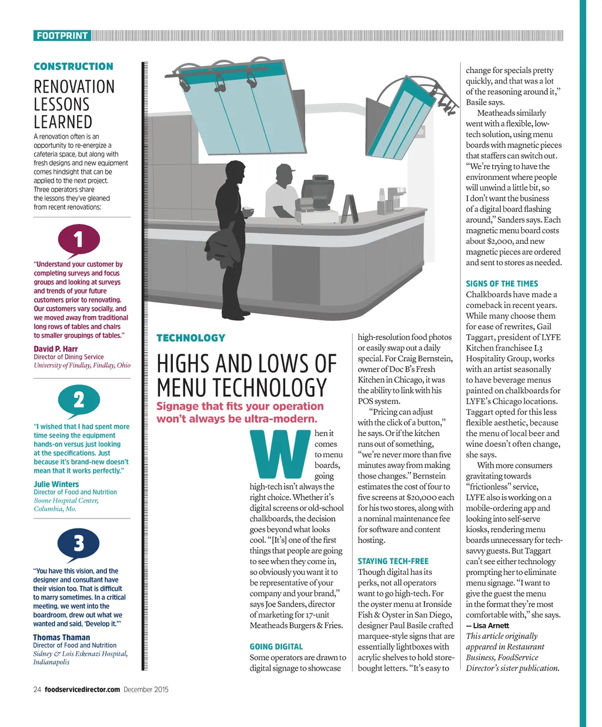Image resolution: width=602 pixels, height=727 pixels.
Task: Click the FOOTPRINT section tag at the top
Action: (62, 36)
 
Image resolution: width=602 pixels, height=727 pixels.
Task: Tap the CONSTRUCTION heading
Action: (73, 66)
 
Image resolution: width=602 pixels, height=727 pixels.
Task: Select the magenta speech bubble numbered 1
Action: (79, 239)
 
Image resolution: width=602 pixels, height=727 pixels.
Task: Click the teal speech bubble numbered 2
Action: (79, 400)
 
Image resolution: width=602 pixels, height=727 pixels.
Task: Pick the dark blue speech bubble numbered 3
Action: (79, 543)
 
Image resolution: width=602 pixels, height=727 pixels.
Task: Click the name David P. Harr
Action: (56, 349)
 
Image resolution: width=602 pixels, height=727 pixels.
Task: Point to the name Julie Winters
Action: (56, 484)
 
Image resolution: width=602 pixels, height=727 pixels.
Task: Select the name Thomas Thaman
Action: (62, 637)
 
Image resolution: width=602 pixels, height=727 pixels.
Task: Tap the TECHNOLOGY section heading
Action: (190, 338)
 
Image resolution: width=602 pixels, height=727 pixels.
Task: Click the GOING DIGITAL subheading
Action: (276, 646)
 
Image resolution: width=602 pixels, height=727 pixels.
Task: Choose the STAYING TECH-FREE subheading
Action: (393, 561)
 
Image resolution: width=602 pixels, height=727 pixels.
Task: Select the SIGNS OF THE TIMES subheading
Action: (501, 283)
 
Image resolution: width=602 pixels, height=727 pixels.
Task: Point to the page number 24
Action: (37, 689)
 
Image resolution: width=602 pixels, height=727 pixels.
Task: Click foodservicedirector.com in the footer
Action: (82, 689)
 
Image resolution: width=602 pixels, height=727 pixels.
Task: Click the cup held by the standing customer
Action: (249, 210)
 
